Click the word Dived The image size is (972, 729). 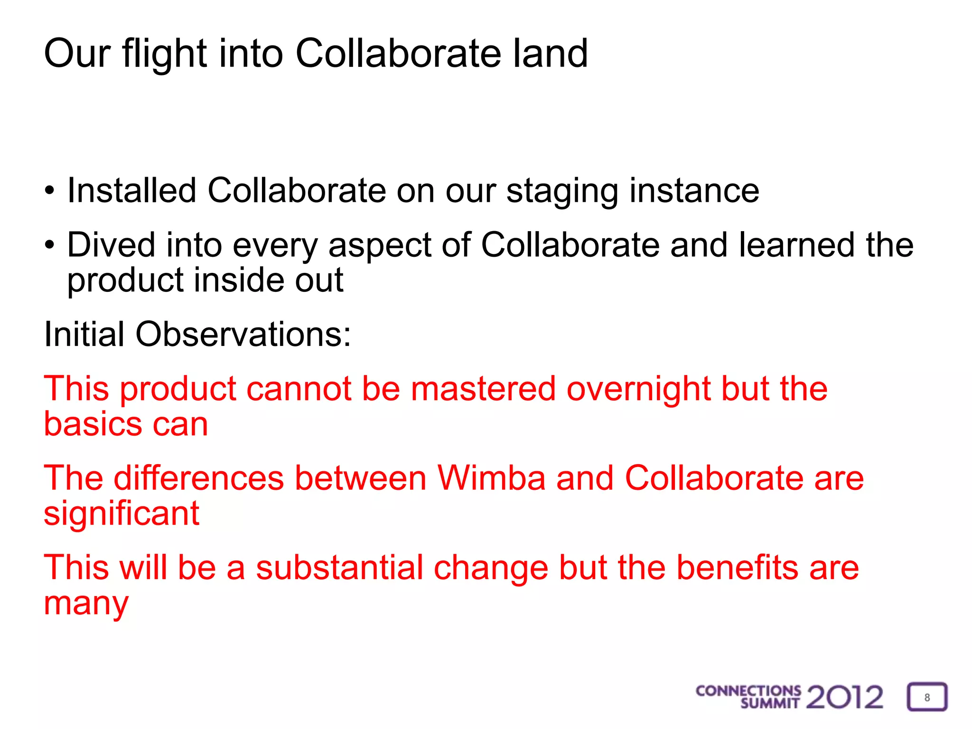[111, 245]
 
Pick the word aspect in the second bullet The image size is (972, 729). [380, 245]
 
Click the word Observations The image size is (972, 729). [243, 334]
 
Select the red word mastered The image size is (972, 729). [483, 389]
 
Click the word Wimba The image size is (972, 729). [491, 478]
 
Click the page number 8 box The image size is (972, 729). [927, 697]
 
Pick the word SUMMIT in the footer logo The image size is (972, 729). [770, 703]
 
